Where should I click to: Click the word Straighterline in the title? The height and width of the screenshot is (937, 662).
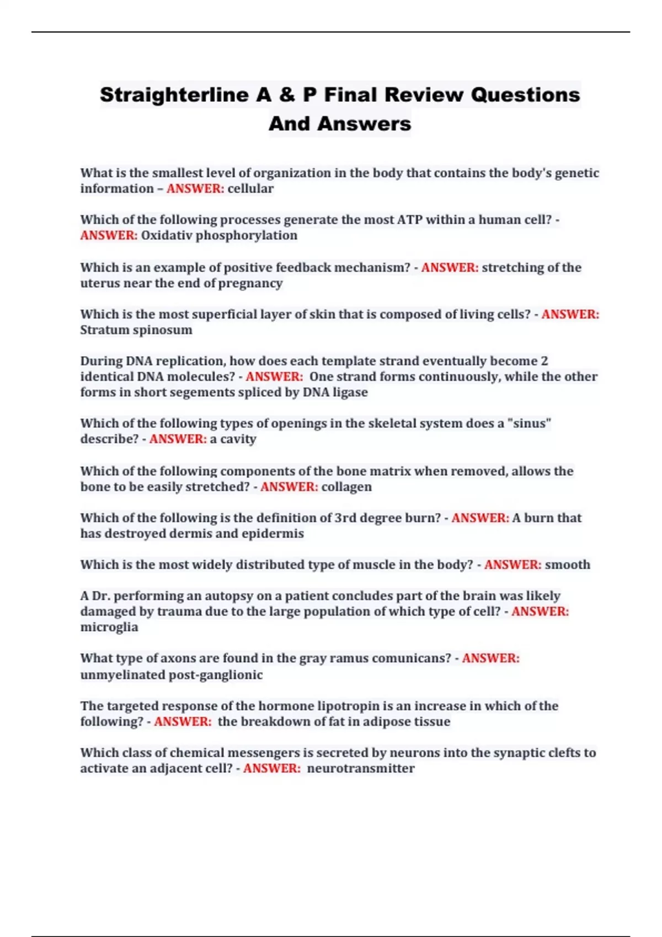point(174,95)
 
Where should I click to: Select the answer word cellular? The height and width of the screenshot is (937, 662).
point(250,189)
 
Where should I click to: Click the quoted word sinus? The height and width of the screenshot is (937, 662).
point(529,423)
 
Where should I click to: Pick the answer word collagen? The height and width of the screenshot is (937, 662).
point(346,487)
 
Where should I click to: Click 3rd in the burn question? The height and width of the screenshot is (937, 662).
point(345,518)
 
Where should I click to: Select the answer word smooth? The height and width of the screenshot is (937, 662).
point(567,565)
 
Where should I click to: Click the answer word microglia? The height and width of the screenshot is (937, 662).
point(109,627)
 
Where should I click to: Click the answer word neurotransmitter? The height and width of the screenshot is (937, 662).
point(360,768)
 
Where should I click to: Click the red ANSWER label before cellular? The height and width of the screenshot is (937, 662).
point(195,189)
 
